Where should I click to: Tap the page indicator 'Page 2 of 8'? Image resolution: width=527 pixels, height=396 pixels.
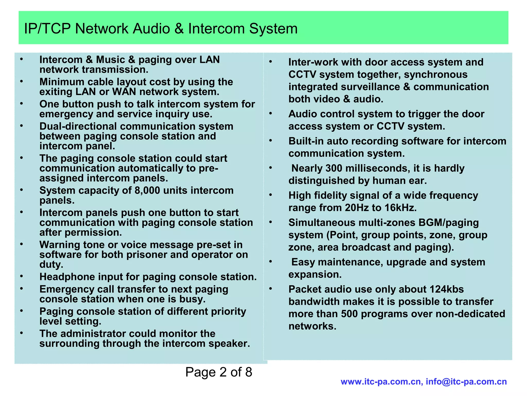(218, 372)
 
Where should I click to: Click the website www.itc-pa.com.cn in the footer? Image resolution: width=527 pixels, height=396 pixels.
(381, 382)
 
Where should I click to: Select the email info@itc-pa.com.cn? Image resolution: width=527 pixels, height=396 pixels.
(466, 382)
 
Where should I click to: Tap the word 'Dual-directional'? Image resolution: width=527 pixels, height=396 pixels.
(78, 126)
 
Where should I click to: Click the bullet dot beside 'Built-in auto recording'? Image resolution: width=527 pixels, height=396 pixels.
(270, 141)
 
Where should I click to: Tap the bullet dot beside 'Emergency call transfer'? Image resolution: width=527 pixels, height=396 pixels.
(22, 289)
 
